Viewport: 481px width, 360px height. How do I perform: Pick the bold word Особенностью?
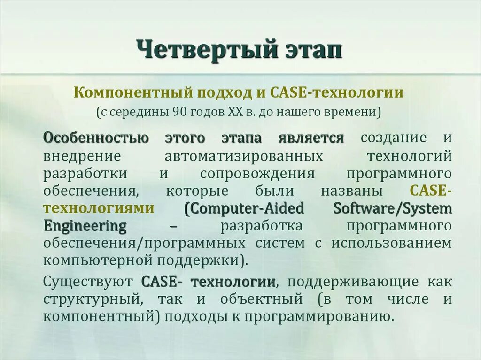click(x=96, y=139)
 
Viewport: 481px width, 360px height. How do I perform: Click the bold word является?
click(x=310, y=139)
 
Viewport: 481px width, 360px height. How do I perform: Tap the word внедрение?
click(x=82, y=156)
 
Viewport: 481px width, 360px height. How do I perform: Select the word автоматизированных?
click(x=244, y=156)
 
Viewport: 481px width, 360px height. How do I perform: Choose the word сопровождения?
click(x=257, y=174)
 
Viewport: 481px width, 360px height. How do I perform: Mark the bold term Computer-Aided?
click(x=244, y=208)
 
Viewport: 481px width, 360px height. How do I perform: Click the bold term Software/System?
click(x=392, y=208)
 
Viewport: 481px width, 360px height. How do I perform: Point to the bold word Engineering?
click(x=85, y=226)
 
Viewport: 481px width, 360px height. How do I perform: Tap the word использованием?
click(x=391, y=243)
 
